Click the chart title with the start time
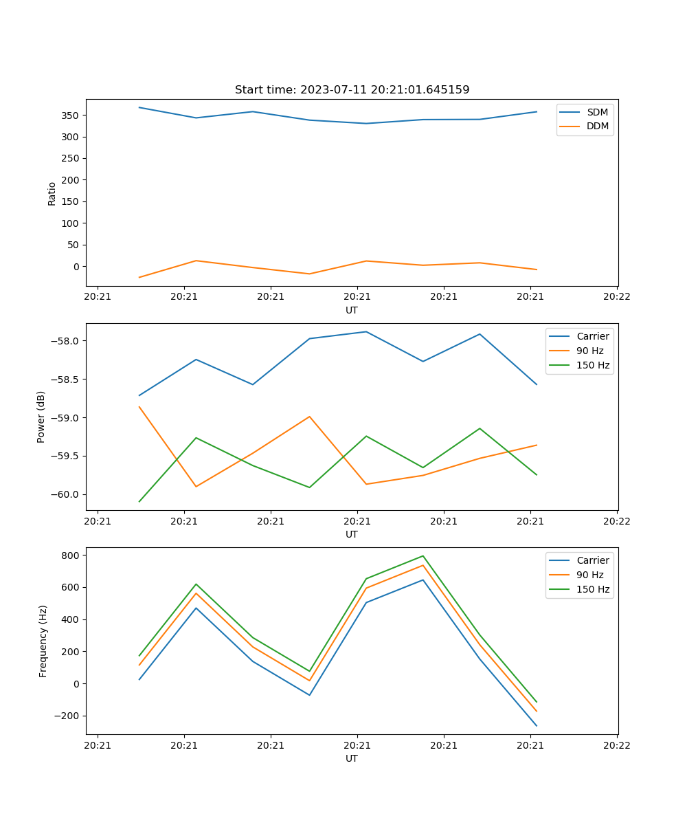pos(352,90)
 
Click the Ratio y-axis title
pos(52,193)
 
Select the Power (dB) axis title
pos(41,417)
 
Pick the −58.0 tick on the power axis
pos(65,341)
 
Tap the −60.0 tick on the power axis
pos(65,495)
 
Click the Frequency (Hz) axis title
pos(43,641)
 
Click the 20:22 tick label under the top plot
pos(616,297)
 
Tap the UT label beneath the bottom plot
pos(352,758)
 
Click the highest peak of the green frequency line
pos(423,555)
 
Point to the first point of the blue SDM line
pos(139,107)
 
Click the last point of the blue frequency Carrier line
pos(537,726)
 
